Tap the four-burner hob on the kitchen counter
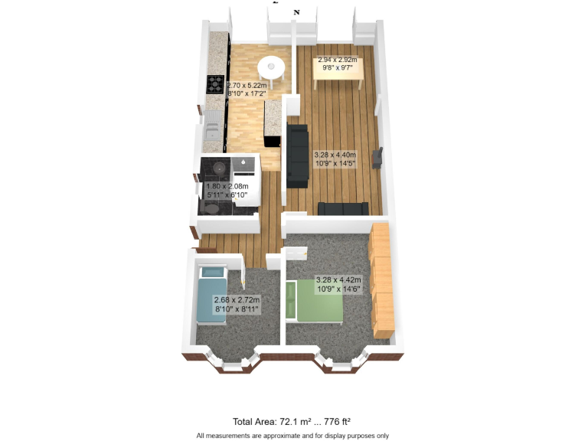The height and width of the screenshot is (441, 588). [x=215, y=83]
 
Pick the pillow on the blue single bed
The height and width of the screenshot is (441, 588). [x=212, y=272]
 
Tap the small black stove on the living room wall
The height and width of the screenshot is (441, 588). [x=377, y=158]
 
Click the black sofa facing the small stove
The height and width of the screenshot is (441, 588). [x=297, y=156]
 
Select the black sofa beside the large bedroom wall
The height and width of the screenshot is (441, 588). [x=343, y=208]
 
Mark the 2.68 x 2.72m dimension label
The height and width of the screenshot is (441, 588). [x=237, y=304]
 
